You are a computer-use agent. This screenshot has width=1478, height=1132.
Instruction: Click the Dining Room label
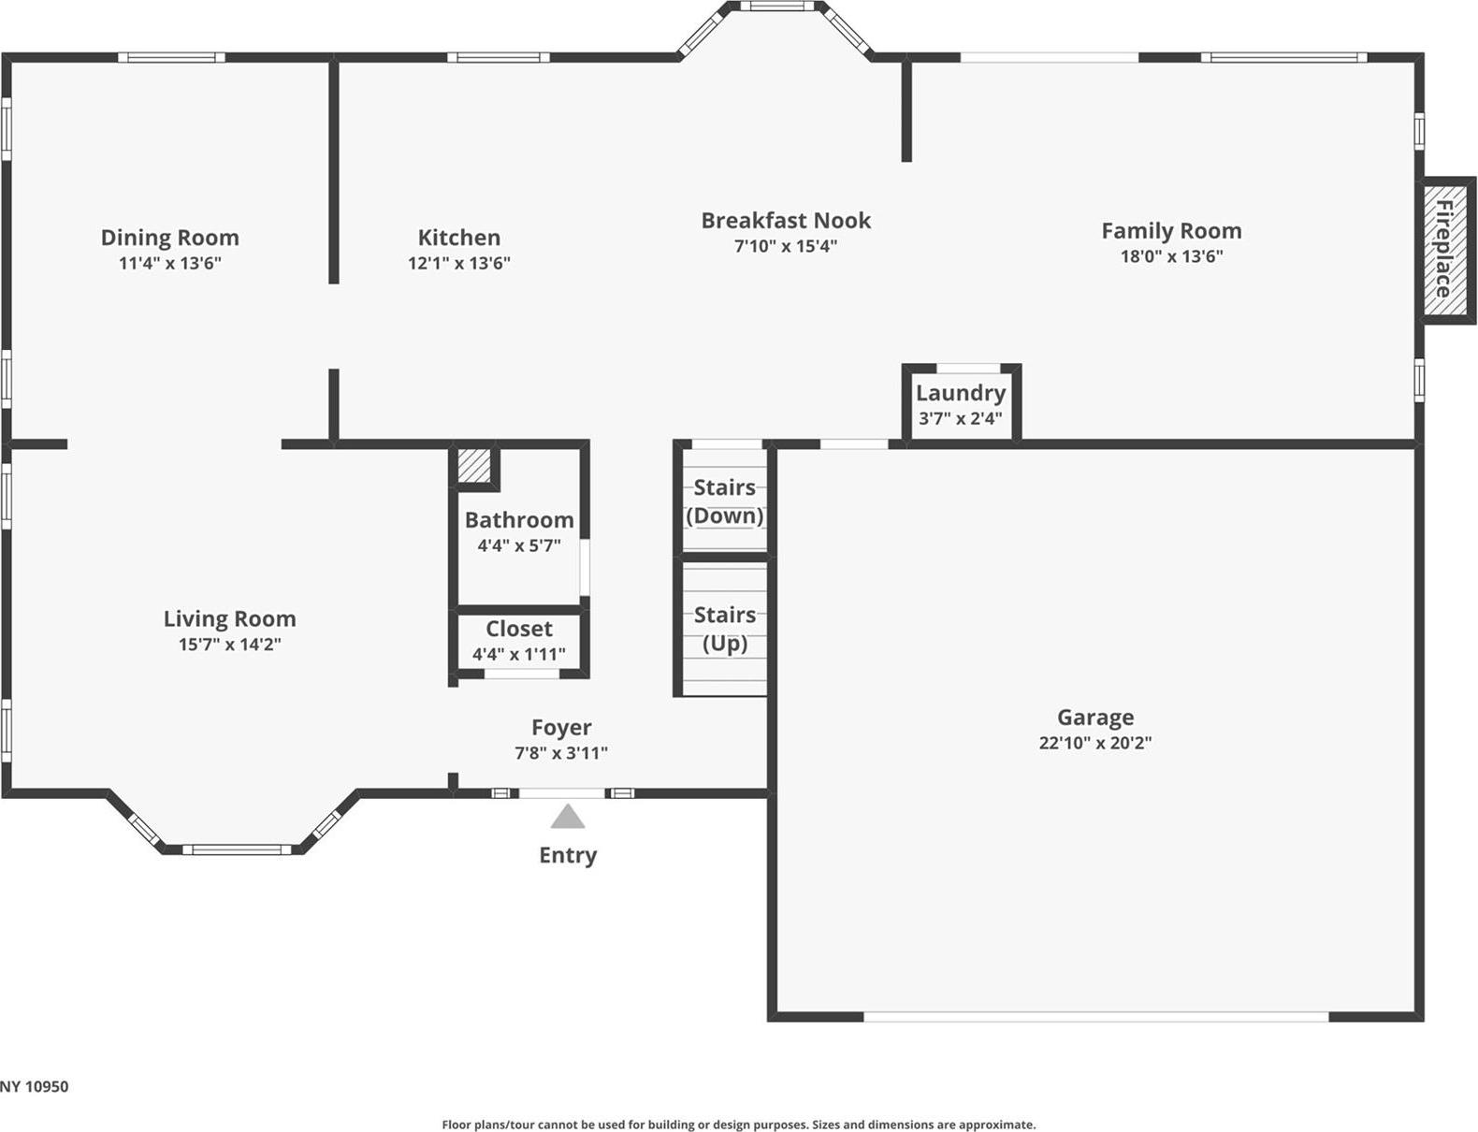pos(169,238)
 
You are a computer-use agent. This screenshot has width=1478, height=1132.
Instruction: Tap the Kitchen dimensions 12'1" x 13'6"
pos(458,264)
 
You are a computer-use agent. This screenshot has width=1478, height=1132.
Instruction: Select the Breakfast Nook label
pos(785,221)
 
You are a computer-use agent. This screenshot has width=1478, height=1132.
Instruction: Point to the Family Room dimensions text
pos(1171,256)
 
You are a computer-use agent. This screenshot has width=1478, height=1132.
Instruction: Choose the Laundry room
pos(961,403)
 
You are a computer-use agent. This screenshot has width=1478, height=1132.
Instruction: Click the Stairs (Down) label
pos(724,501)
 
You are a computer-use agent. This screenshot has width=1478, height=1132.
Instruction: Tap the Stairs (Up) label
pos(724,629)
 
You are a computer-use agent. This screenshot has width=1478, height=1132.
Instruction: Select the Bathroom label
pos(519,520)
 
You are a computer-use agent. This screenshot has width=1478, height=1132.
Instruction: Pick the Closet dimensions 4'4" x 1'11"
pos(518,655)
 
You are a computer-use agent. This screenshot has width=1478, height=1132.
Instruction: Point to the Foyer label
pos(561,728)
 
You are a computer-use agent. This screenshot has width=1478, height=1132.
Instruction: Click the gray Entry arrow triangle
pos(567,819)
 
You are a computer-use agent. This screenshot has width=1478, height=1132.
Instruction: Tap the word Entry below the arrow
pos(567,855)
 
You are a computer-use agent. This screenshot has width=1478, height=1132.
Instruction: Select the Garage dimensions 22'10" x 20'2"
pos(1094,743)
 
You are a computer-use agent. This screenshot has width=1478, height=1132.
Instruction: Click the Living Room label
pos(229,619)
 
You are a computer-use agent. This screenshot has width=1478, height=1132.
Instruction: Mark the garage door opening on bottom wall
pos(1094,1016)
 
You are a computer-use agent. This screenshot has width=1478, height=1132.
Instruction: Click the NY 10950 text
pos(35,1087)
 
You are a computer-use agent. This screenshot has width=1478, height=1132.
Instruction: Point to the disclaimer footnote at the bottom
pos(738,1125)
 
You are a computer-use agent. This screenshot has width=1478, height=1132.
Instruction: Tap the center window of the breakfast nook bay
pos(776,7)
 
